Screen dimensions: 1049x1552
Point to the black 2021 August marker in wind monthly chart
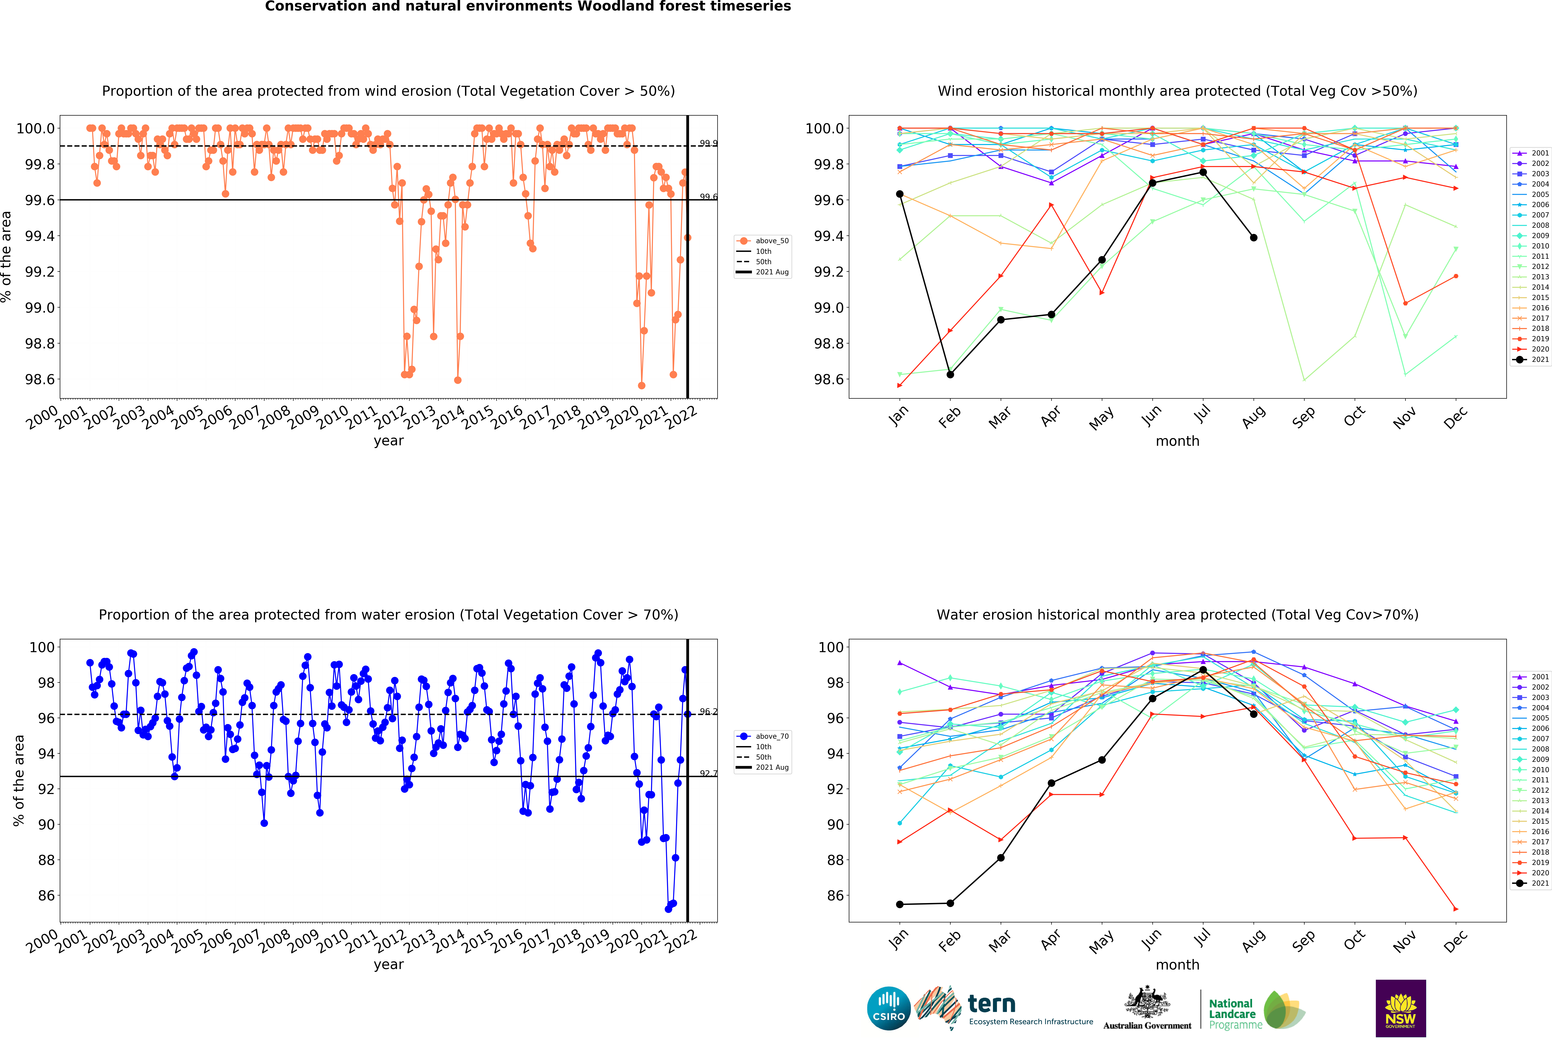point(1254,238)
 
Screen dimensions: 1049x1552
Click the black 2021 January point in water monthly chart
point(900,904)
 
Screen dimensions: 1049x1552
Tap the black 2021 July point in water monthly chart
point(1203,670)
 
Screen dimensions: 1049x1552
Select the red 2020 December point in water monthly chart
point(1456,909)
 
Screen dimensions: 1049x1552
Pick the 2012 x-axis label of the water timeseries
point(389,942)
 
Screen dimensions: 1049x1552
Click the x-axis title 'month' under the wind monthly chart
point(1177,441)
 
